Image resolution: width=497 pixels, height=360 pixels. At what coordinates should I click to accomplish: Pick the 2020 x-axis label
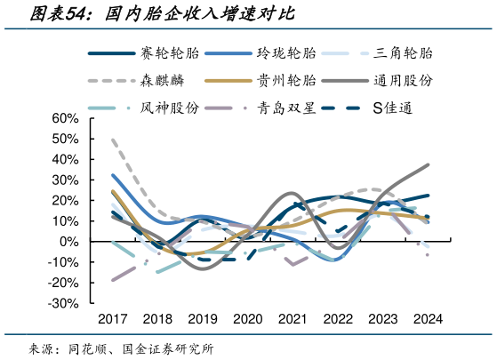tap(248, 319)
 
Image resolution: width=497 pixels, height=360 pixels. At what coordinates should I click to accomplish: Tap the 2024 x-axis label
tap(429, 319)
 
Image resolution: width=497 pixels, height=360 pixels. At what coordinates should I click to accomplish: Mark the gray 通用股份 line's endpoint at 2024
tap(429, 164)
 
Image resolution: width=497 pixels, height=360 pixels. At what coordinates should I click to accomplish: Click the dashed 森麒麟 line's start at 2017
tap(112, 139)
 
